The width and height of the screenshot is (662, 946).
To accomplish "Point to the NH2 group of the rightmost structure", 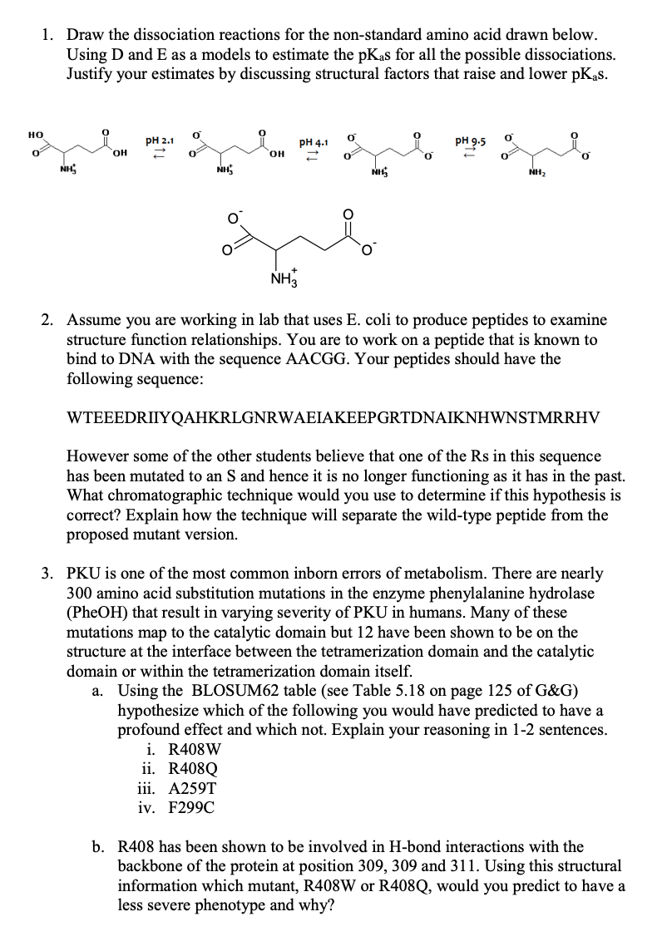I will tap(536, 174).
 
